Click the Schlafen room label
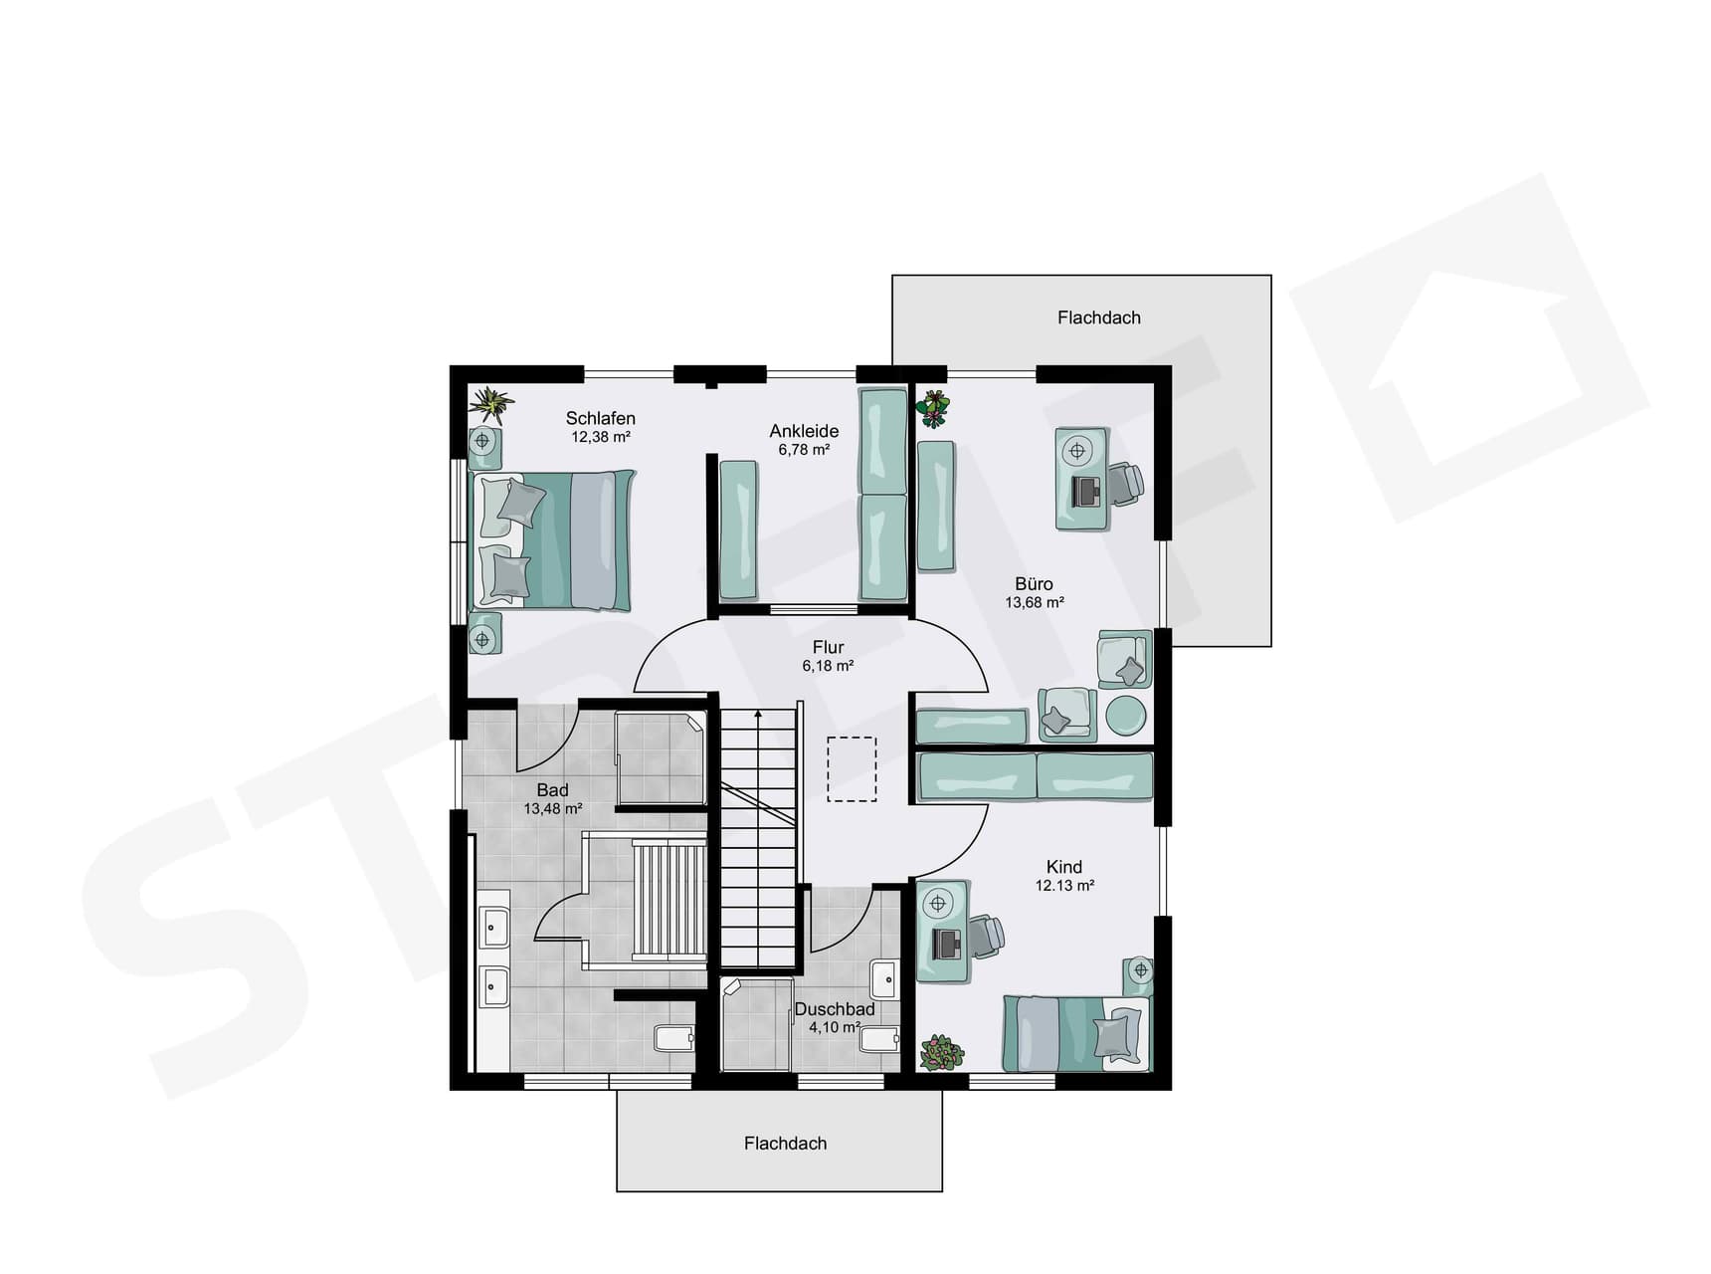(x=600, y=418)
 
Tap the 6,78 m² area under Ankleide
(x=804, y=450)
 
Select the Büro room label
(x=1034, y=584)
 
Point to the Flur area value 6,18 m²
(x=828, y=666)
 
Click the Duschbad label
(x=835, y=1009)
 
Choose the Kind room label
(x=1063, y=867)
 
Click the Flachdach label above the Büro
(x=1098, y=318)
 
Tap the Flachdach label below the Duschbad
(x=785, y=1144)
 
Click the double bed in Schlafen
(x=553, y=539)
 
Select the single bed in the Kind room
(x=1075, y=1033)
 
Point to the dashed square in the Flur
(x=852, y=768)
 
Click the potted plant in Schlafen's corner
(x=490, y=403)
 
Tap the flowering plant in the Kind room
(x=941, y=1052)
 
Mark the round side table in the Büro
(x=1126, y=715)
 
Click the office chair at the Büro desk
(x=1126, y=484)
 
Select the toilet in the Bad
(x=673, y=1038)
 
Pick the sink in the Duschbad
(x=882, y=979)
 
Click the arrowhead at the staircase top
(x=758, y=713)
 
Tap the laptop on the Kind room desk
(x=946, y=942)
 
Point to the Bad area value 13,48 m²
(x=552, y=809)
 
